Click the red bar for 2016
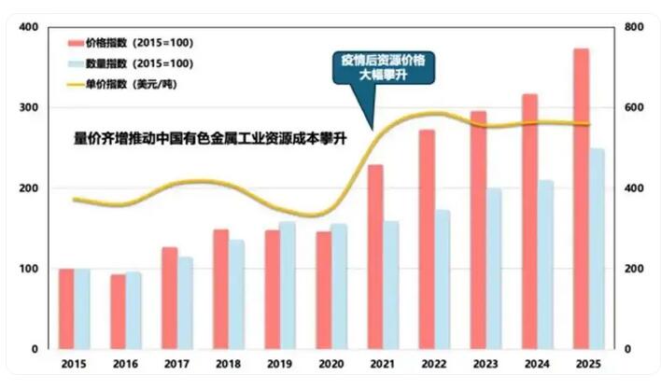(x=118, y=311)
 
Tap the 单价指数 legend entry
(x=127, y=84)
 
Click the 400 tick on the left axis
(x=28, y=27)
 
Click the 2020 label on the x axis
(x=330, y=365)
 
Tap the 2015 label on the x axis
(x=73, y=365)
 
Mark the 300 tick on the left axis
(x=28, y=108)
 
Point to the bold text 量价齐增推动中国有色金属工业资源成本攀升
(x=210, y=140)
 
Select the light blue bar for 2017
(x=186, y=302)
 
